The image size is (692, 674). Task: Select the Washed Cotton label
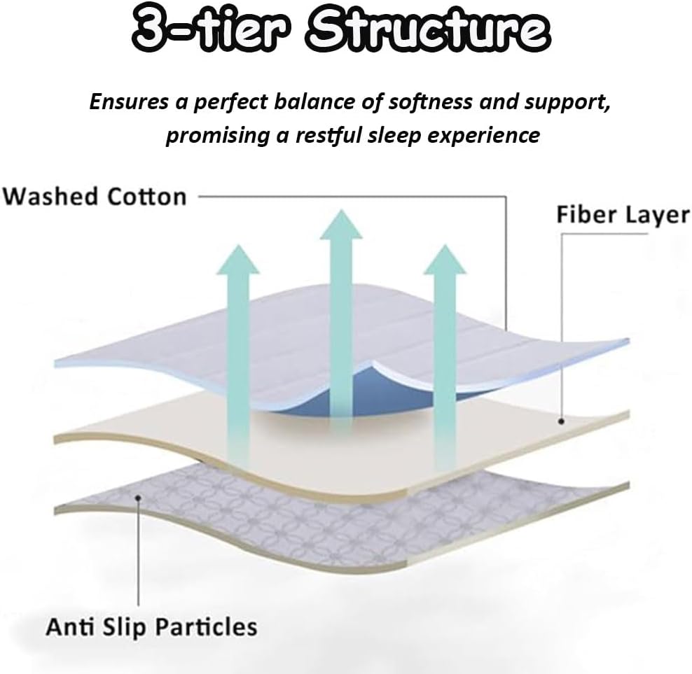point(95,196)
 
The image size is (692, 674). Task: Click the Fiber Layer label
point(623,215)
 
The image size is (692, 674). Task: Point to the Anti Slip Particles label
point(151,626)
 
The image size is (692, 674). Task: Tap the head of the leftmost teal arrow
point(238,260)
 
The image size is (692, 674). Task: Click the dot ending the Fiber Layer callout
point(561,421)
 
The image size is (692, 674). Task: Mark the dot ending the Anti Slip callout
point(138,498)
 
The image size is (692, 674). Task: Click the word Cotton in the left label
point(146,196)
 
